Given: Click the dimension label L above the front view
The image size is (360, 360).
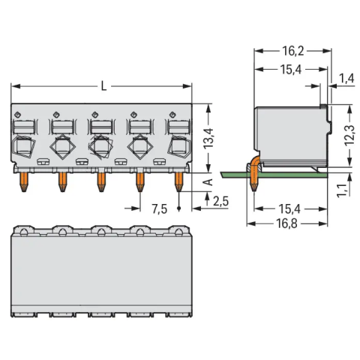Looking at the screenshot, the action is point(103,86).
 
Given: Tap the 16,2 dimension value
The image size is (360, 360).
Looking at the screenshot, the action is point(292,51).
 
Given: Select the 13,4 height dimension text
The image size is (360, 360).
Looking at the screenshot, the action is point(208,139).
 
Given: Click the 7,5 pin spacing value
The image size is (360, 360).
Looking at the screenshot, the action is point(160,209).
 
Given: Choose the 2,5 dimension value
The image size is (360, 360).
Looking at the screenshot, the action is point(220,201).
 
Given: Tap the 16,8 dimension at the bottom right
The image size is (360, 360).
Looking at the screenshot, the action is point(286,223).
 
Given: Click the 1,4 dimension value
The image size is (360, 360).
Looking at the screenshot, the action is point(346,79).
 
